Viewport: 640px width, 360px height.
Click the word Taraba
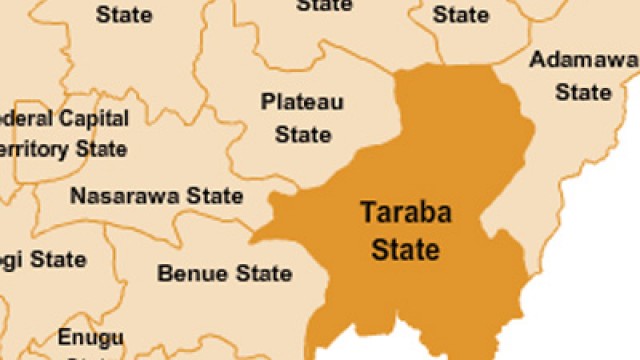coord(400,214)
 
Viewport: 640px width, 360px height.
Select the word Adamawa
coord(583,60)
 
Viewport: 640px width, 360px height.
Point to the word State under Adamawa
coord(583,92)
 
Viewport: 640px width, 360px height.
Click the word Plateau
coord(302,102)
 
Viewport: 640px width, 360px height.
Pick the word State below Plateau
coord(302,133)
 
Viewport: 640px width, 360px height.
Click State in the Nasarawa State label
coord(210,196)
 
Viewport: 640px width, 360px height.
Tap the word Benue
coord(190,273)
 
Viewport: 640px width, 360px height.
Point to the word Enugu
coord(90,336)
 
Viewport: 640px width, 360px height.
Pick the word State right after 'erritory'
coord(101,150)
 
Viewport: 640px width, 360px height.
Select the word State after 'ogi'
coord(57,260)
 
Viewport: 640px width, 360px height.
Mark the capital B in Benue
coord(165,273)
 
